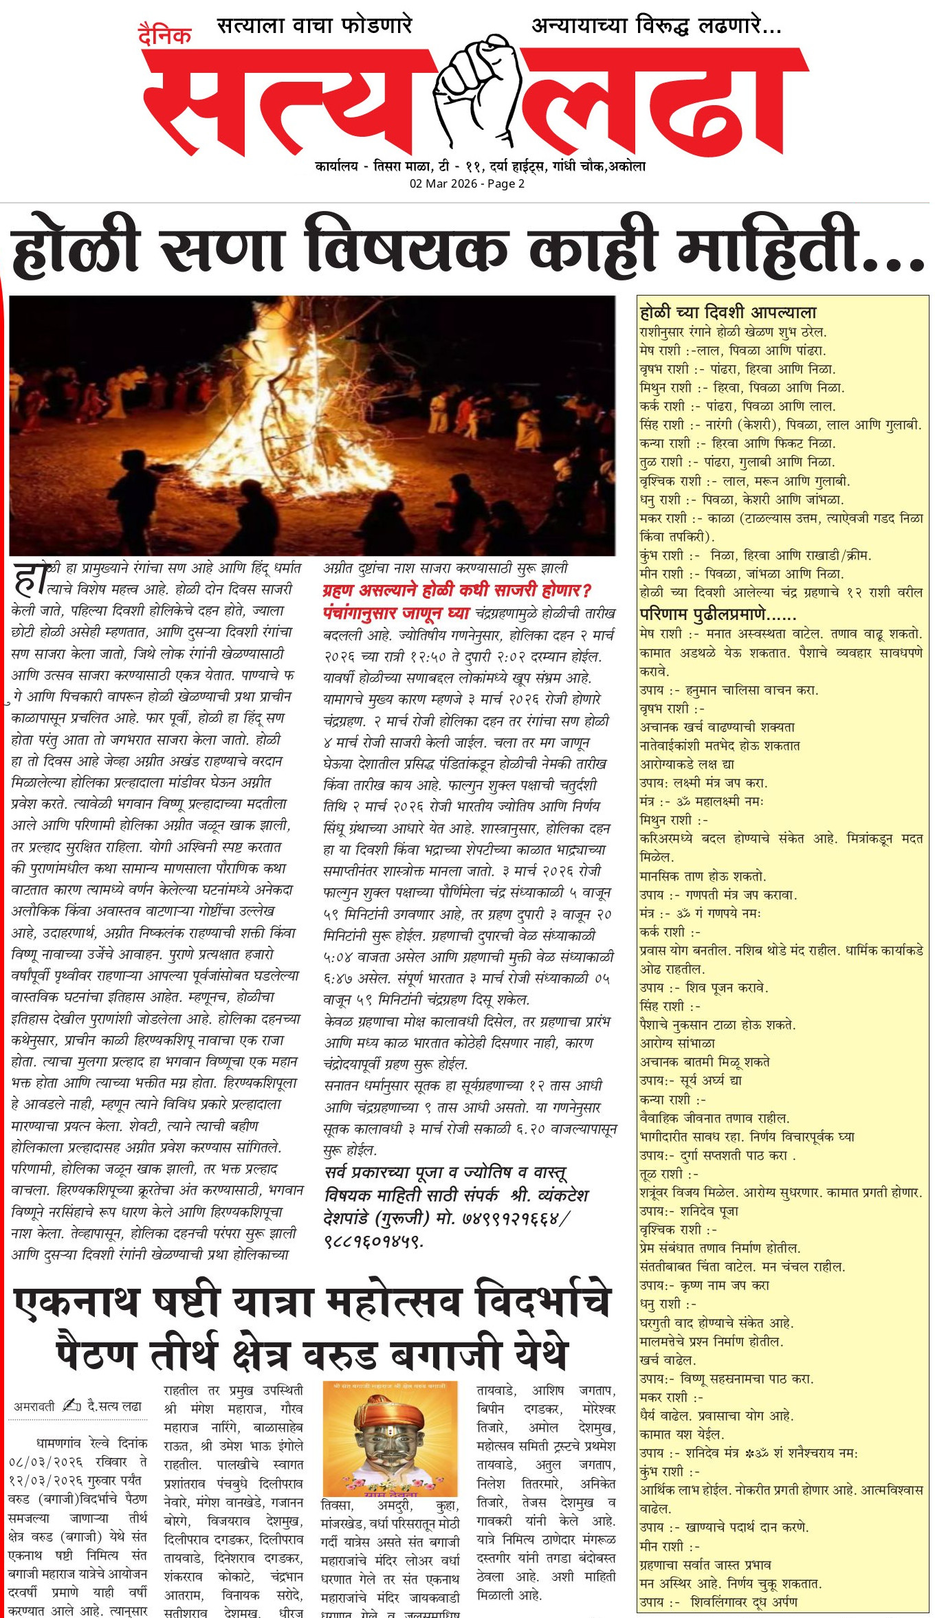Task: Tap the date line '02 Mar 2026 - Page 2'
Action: pyautogui.click(x=467, y=184)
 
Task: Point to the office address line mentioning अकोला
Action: pyautogui.click(x=480, y=166)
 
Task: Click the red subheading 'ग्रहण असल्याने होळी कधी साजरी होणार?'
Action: pyautogui.click(x=457, y=590)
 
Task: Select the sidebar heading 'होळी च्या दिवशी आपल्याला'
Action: pyautogui.click(x=727, y=313)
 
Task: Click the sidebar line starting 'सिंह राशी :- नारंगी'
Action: pyautogui.click(x=780, y=425)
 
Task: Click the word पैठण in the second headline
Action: pyautogui.click(x=96, y=1353)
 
